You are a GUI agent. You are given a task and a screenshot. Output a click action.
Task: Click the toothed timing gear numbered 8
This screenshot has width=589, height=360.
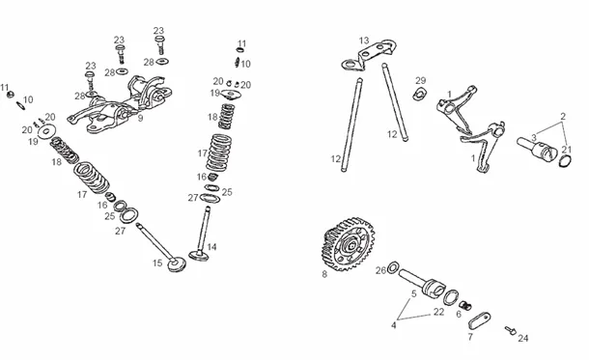348,244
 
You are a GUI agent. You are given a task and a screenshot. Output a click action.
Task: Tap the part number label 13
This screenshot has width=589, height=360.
364,41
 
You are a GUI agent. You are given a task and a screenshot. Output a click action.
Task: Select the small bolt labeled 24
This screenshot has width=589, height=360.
511,330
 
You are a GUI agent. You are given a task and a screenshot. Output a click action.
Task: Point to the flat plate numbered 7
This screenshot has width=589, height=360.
480,321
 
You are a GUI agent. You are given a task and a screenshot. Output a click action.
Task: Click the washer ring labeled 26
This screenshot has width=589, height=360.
393,268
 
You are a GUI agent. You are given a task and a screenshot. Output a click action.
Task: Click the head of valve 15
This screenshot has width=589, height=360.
177,263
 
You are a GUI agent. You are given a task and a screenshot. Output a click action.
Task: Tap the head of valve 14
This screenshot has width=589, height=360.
199,256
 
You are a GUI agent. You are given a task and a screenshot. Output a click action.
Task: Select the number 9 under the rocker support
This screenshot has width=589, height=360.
140,119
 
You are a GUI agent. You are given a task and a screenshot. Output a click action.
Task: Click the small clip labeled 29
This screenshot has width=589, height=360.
420,95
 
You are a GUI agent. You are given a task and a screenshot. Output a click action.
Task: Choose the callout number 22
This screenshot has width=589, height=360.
438,312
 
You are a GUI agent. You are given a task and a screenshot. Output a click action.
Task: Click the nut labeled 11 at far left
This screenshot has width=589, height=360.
11,94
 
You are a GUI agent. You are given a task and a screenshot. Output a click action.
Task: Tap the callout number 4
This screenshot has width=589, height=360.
394,325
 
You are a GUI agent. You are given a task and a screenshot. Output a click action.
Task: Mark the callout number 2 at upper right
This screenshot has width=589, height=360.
563,117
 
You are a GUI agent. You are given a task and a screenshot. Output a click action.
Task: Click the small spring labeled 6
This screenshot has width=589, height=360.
465,306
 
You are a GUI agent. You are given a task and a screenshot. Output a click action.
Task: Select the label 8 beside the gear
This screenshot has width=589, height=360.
324,274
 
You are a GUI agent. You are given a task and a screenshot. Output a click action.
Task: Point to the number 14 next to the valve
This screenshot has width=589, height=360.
211,247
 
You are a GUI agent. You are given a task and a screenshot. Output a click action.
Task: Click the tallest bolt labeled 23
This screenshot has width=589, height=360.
159,45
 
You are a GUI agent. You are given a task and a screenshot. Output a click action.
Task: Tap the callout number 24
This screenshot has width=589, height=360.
523,338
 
